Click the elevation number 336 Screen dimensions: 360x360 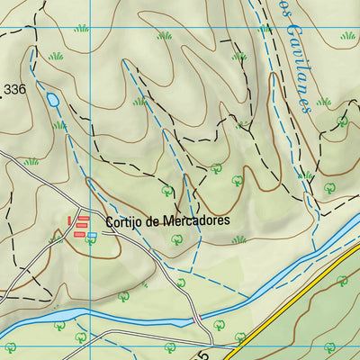click(14, 90)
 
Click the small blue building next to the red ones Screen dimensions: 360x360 click(91, 235)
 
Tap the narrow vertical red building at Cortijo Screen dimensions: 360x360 click(71, 220)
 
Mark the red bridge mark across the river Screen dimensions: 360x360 click(196, 319)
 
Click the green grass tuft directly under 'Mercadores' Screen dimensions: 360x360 click(238, 239)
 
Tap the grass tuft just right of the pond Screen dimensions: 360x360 click(60, 125)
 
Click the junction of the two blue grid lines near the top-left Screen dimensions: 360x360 click(91, 26)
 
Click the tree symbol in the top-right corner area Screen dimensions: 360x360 click(342, 121)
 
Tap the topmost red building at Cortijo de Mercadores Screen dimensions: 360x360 click(84, 218)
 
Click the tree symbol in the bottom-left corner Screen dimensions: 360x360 click(11, 347)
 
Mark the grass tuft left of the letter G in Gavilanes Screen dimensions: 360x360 click(265, 30)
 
